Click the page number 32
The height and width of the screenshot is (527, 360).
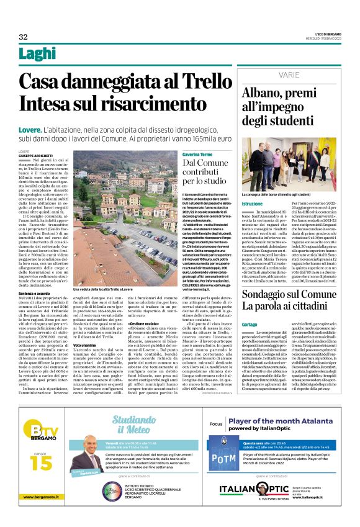[23, 37]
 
